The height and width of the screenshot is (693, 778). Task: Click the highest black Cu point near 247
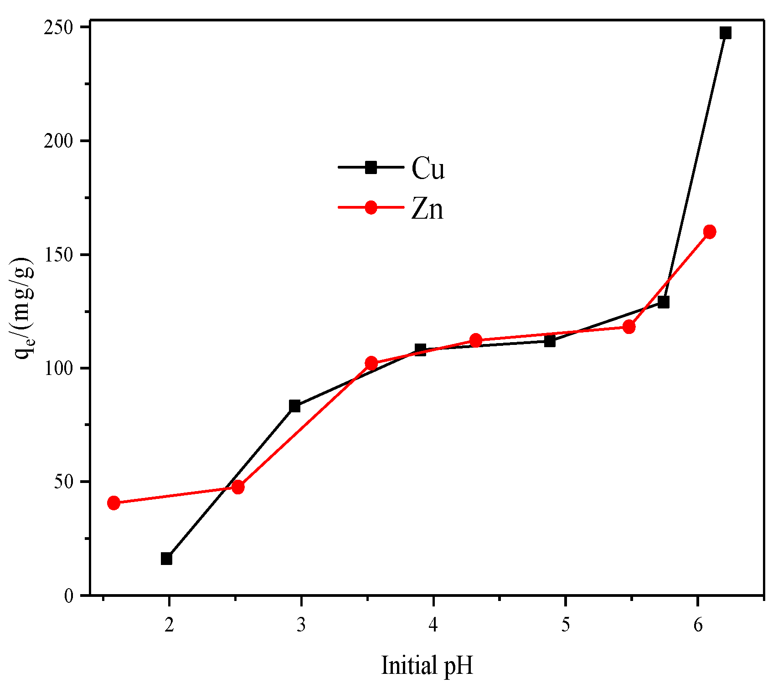click(725, 33)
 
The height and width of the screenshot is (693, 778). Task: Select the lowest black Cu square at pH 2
click(166, 559)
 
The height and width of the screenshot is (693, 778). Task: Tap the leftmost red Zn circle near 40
click(114, 503)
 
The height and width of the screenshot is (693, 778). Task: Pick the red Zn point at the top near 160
click(709, 231)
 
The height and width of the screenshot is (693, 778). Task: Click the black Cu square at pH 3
click(294, 406)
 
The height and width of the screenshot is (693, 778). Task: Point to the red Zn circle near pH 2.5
click(238, 487)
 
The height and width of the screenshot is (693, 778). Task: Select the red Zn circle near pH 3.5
click(371, 363)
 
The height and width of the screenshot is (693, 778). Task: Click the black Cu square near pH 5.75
click(664, 302)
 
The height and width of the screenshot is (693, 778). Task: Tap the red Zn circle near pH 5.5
click(629, 327)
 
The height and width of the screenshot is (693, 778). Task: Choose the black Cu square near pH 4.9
click(550, 341)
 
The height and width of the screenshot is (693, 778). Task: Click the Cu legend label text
click(428, 169)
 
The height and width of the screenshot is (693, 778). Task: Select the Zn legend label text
click(427, 210)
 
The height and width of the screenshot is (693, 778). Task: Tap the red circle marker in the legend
click(371, 208)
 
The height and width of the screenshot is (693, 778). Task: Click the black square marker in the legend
click(371, 167)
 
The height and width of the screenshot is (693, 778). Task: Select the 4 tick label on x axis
click(433, 625)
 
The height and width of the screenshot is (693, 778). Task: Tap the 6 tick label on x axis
click(697, 625)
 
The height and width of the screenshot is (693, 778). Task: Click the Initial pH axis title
click(427, 666)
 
